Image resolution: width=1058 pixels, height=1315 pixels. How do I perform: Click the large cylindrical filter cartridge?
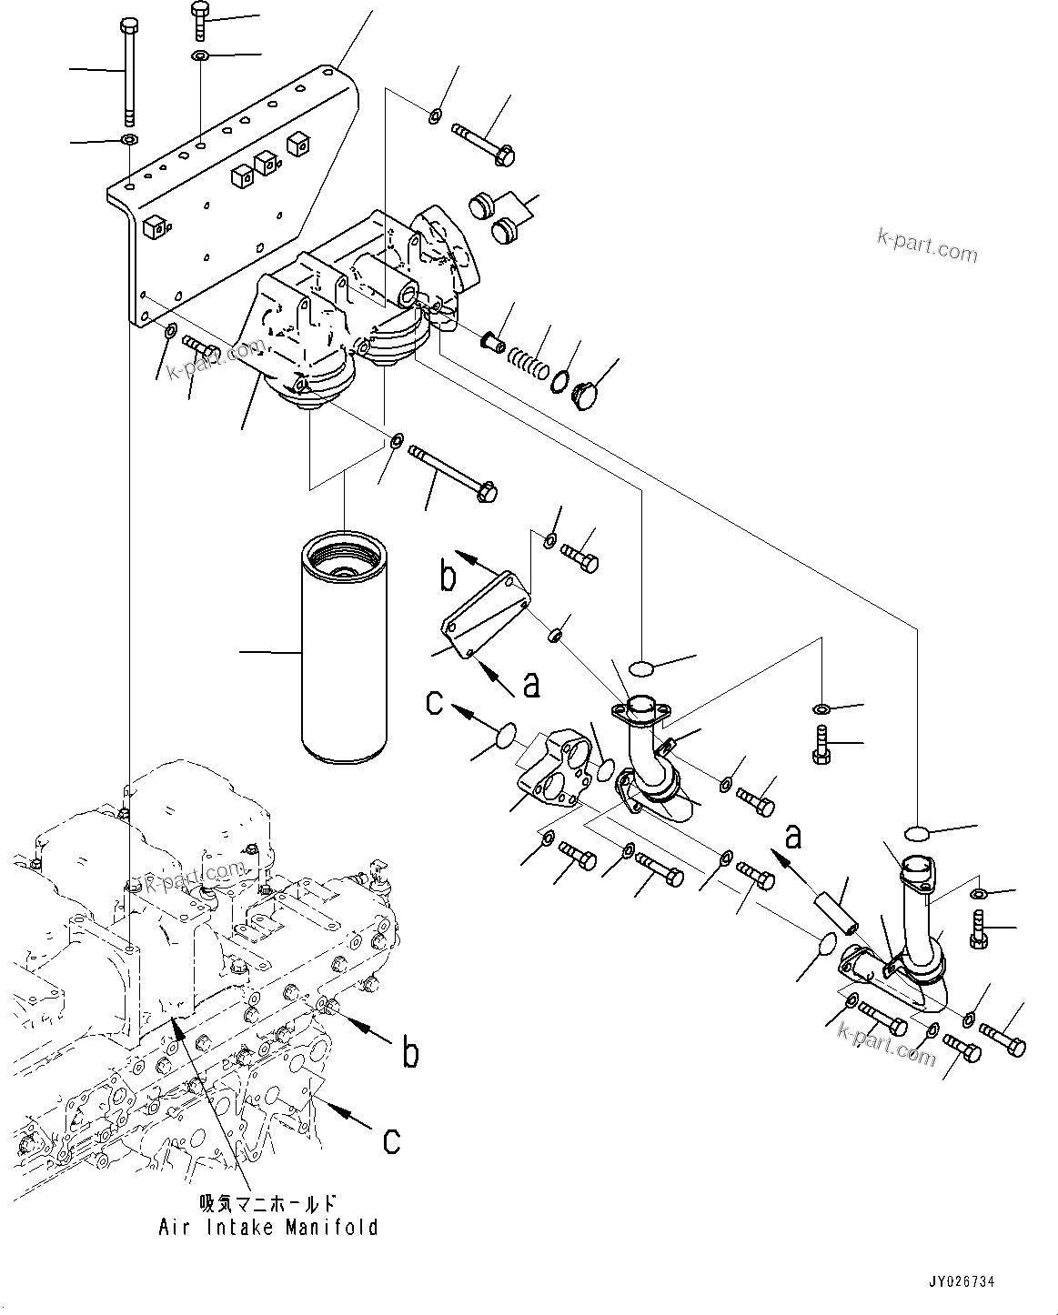click(346, 651)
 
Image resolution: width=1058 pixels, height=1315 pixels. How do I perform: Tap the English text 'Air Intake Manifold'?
click(268, 1227)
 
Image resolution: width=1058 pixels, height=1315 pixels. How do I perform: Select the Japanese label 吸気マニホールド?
click(268, 1204)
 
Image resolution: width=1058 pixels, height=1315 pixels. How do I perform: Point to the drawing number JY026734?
click(961, 1281)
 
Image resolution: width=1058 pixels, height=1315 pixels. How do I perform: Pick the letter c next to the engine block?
click(391, 1139)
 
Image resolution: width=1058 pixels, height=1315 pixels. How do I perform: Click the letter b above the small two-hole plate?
click(448, 575)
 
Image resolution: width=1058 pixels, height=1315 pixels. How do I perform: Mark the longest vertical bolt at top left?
click(128, 73)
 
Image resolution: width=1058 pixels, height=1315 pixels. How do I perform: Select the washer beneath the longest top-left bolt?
click(128, 140)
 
